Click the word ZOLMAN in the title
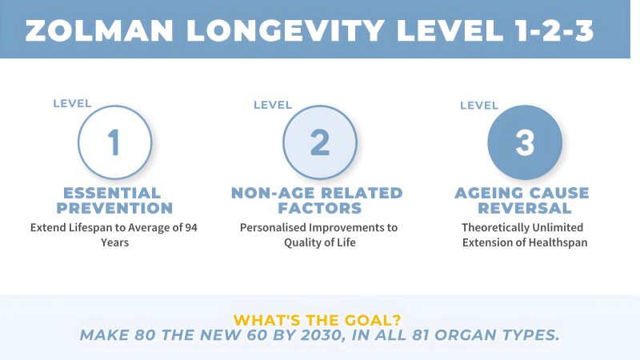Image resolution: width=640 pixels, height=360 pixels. (99, 30)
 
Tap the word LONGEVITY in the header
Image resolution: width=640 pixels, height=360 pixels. (286, 30)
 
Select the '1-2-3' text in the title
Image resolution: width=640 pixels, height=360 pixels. (554, 30)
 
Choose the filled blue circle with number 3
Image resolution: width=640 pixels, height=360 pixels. (525, 142)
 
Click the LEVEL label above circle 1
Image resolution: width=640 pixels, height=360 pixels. (72, 104)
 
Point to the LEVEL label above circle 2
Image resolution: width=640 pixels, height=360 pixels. (273, 105)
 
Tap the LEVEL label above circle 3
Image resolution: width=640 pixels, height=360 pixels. (479, 106)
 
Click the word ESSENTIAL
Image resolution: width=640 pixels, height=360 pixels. (112, 193)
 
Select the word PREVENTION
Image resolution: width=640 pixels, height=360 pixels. (114, 208)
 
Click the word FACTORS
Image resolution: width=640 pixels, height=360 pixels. (320, 208)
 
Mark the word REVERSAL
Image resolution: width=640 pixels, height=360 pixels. (525, 208)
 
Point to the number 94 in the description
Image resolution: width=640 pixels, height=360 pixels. (191, 227)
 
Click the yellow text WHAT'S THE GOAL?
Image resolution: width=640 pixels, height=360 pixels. (317, 320)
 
